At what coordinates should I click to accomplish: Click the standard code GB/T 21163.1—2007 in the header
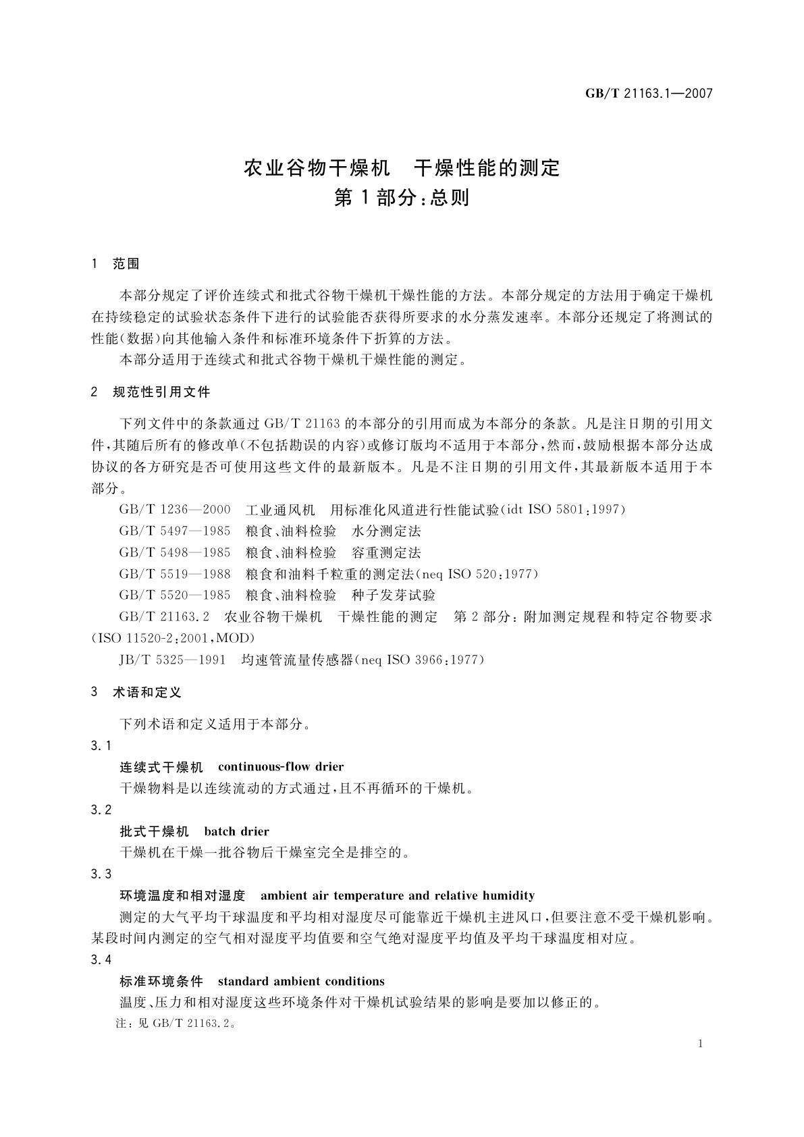click(649, 94)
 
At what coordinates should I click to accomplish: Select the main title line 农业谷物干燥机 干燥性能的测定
click(402, 167)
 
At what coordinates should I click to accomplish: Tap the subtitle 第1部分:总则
click(402, 198)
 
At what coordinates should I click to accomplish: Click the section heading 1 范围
click(115, 264)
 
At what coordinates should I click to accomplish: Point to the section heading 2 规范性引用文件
click(151, 392)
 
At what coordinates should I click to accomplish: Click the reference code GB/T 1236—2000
click(175, 509)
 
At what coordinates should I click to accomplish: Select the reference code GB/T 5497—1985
click(175, 531)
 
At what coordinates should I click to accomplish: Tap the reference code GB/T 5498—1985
click(175, 552)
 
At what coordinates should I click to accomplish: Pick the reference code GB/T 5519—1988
click(175, 574)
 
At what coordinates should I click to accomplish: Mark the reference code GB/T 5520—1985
click(175, 595)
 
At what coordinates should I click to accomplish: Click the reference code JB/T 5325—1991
click(172, 660)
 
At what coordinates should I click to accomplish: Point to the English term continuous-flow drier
click(281, 766)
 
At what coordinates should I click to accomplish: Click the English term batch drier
click(236, 831)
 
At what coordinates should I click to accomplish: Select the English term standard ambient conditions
click(301, 981)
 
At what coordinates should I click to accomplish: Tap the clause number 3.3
click(101, 874)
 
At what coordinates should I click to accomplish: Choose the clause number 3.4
click(101, 960)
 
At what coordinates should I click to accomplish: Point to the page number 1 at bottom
click(701, 1043)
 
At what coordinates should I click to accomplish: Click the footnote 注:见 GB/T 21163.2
click(177, 1024)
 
